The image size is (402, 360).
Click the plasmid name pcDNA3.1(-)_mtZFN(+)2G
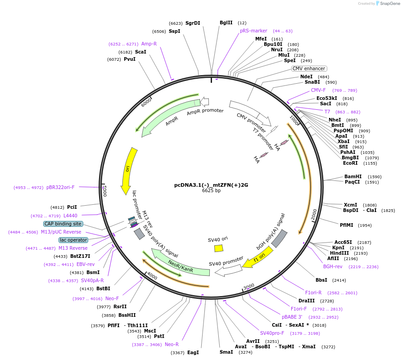(211, 185)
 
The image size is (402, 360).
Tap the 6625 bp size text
(211, 191)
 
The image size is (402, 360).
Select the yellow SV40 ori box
(219, 248)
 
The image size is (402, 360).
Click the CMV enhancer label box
(309, 68)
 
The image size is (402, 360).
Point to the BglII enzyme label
(226, 22)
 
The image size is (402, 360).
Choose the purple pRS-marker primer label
(253, 31)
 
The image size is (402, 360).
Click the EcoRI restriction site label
(350, 163)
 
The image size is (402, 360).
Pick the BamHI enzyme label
(353, 176)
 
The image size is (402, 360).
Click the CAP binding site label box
(63, 224)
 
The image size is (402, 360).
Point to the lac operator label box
(73, 240)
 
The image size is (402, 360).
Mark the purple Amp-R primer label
(149, 44)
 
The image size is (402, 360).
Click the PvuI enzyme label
(130, 59)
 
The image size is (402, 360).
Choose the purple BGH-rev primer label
(333, 266)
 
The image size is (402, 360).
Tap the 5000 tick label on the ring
(104, 191)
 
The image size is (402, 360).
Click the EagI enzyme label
(193, 352)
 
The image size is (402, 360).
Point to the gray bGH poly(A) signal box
(279, 238)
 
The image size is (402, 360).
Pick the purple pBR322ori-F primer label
(60, 187)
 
